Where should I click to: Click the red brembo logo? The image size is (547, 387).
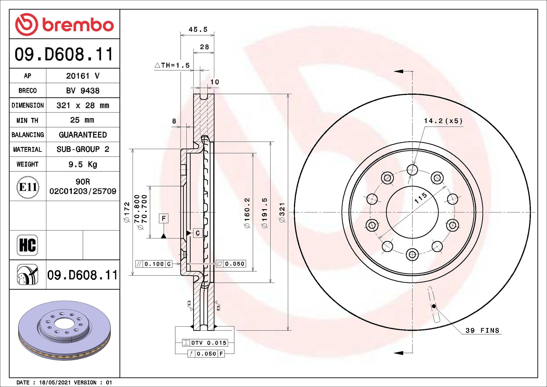[64, 24]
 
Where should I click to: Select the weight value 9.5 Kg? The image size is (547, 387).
[83, 164]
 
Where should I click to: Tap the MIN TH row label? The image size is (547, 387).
[27, 120]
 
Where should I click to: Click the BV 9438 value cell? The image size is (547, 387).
[83, 91]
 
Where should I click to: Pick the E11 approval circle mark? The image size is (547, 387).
[28, 187]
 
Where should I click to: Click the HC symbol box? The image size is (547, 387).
[27, 245]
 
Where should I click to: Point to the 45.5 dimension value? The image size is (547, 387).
[198, 30]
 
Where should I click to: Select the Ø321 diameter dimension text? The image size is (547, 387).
[282, 212]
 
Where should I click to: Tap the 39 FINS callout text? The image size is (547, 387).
[482, 331]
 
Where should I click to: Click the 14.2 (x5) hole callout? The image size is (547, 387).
[443, 121]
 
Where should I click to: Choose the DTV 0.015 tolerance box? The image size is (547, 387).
[205, 343]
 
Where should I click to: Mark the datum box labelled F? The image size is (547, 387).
[164, 218]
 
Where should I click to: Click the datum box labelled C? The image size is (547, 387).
[198, 233]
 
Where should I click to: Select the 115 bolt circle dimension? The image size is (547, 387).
[420, 198]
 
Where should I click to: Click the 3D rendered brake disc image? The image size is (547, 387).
[64, 330]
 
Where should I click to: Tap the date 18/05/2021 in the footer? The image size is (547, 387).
[55, 383]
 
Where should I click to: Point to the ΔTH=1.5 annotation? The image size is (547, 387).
[172, 65]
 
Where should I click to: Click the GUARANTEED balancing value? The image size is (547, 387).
[83, 135]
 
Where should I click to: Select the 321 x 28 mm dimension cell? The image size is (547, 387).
[83, 105]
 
